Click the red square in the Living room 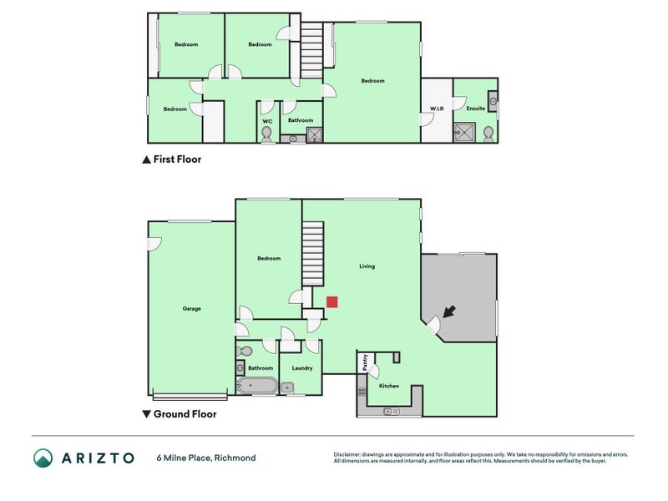tap(331, 302)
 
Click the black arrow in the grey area tap(449, 311)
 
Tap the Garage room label tap(191, 309)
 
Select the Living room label tap(367, 266)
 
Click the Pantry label tap(365, 362)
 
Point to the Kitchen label tap(389, 386)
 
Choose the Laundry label tap(302, 367)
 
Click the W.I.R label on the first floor tap(436, 109)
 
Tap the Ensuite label tap(475, 109)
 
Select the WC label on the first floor tap(267, 121)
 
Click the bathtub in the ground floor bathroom tap(257, 386)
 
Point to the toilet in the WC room tap(267, 134)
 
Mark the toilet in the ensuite tap(488, 134)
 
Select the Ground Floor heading tap(185, 413)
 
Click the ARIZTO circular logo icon tap(43, 458)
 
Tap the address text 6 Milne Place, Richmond tap(205, 458)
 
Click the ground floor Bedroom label tap(269, 259)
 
